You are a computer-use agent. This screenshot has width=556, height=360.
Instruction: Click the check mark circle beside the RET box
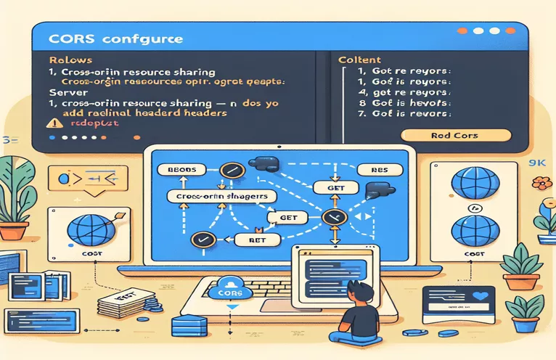coord(200,238)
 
